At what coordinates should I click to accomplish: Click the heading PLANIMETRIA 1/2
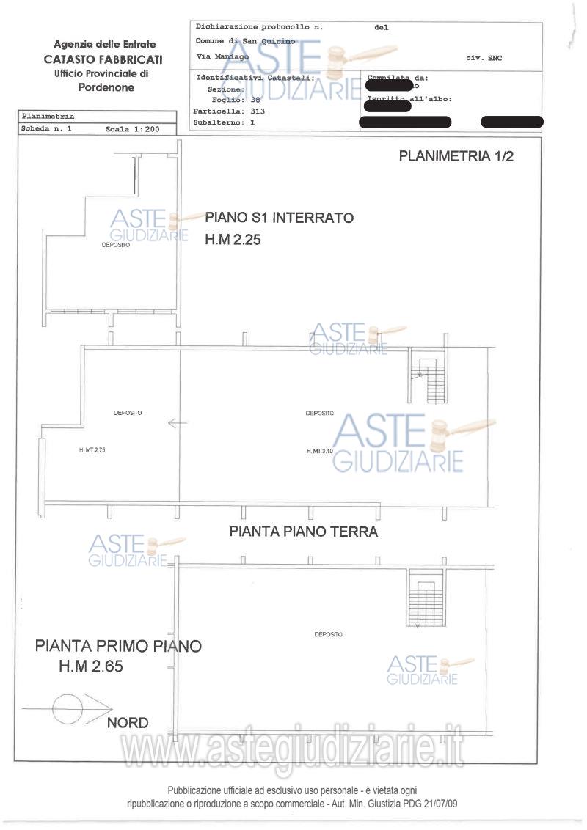(456, 156)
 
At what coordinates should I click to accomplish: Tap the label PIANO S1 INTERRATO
(280, 218)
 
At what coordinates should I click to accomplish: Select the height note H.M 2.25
(233, 239)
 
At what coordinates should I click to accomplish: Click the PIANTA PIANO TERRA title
(304, 532)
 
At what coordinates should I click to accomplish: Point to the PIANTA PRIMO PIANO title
(118, 646)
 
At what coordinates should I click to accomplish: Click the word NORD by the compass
(128, 723)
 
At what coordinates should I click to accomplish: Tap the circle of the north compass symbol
(68, 708)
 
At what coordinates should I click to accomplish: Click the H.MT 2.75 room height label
(92, 450)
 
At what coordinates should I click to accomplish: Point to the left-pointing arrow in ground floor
(178, 423)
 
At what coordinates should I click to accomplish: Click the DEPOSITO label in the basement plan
(116, 245)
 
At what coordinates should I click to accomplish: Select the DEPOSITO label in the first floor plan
(328, 634)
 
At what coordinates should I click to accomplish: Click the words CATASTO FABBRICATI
(103, 59)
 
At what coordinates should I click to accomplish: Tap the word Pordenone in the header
(106, 87)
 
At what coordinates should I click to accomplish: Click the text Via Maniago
(222, 56)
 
